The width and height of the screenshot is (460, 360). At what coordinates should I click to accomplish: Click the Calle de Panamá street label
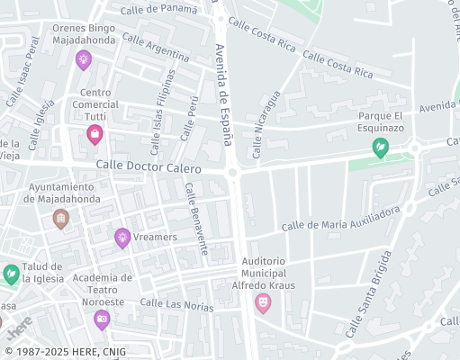[159, 9]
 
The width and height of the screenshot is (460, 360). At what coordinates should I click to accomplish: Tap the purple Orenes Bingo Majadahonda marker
[83, 60]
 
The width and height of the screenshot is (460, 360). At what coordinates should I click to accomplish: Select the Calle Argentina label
[155, 47]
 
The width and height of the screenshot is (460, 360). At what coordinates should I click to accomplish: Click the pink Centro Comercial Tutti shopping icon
[95, 135]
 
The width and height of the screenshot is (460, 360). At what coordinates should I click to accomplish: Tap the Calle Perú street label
[189, 117]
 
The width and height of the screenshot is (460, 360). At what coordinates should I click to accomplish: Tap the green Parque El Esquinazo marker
[381, 147]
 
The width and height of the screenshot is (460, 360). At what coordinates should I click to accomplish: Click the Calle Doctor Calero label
[149, 167]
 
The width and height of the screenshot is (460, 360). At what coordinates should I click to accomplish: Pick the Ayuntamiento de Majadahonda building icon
[60, 218]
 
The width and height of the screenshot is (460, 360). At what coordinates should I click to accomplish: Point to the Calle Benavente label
[196, 218]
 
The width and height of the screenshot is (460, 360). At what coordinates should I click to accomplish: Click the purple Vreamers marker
[122, 238]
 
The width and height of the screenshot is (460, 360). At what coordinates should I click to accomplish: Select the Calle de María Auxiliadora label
[340, 219]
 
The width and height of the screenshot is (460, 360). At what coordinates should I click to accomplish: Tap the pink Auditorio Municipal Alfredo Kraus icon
[263, 303]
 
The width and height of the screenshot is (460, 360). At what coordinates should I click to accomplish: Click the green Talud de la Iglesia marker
[11, 274]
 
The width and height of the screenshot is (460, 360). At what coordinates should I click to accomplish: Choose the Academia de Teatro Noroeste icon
[102, 319]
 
